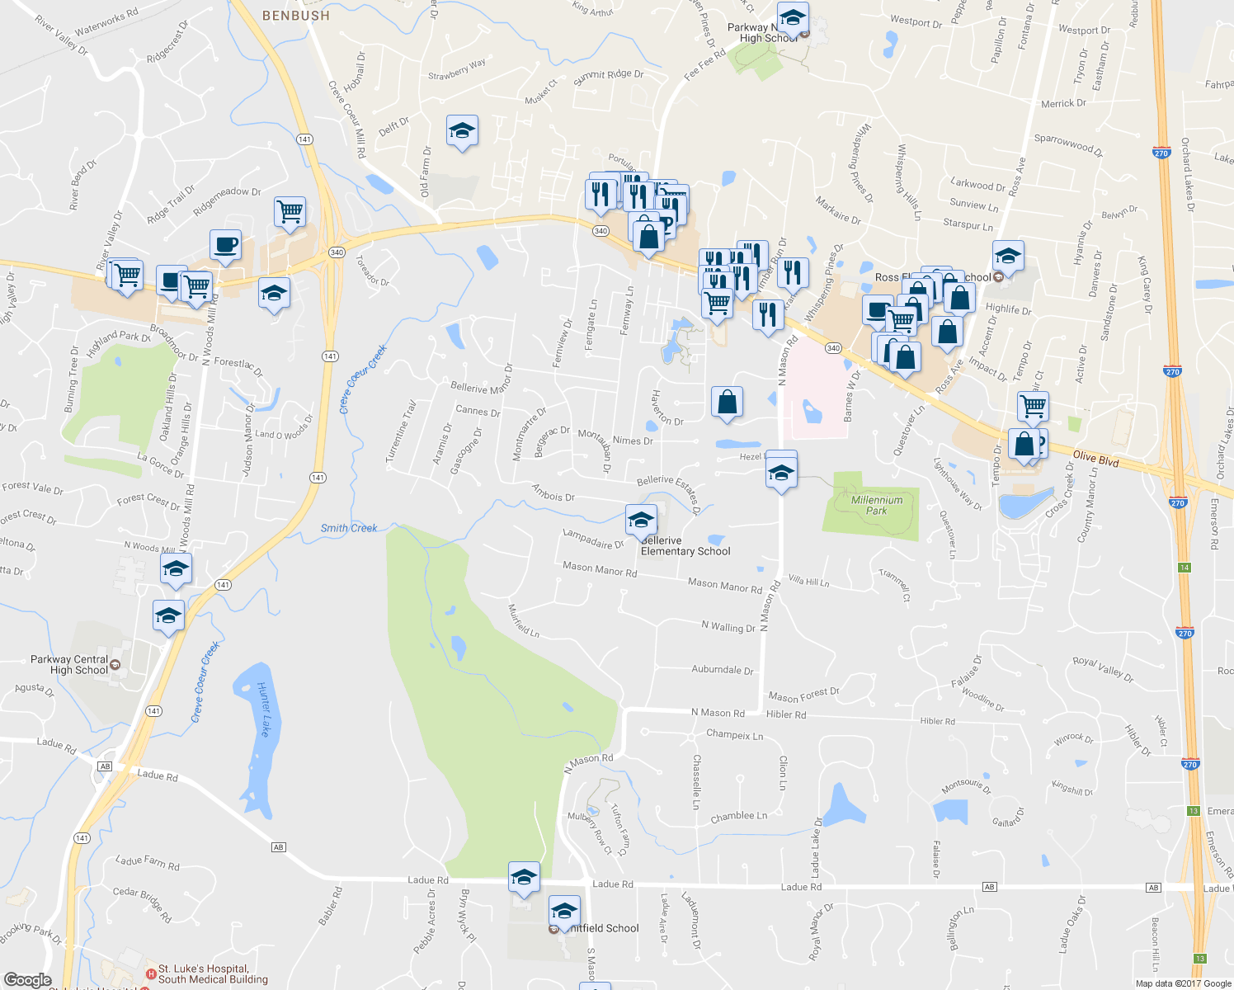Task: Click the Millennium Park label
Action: [876, 505]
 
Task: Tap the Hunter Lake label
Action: [264, 709]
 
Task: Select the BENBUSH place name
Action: [295, 16]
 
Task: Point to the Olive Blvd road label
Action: [1095, 459]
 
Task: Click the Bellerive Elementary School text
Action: [685, 546]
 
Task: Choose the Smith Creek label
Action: [349, 528]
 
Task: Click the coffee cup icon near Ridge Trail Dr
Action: [225, 245]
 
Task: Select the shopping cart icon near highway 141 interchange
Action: [290, 212]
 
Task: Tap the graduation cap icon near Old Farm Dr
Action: [462, 130]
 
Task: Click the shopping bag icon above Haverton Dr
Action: [727, 403]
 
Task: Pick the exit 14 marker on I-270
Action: [1185, 568]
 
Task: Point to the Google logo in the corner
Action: [27, 980]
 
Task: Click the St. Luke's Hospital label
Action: [203, 969]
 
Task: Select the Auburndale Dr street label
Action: [722, 670]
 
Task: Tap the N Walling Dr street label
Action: [728, 627]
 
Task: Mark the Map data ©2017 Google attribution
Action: [1183, 983]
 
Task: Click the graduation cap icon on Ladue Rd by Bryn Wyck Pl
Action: [524, 879]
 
